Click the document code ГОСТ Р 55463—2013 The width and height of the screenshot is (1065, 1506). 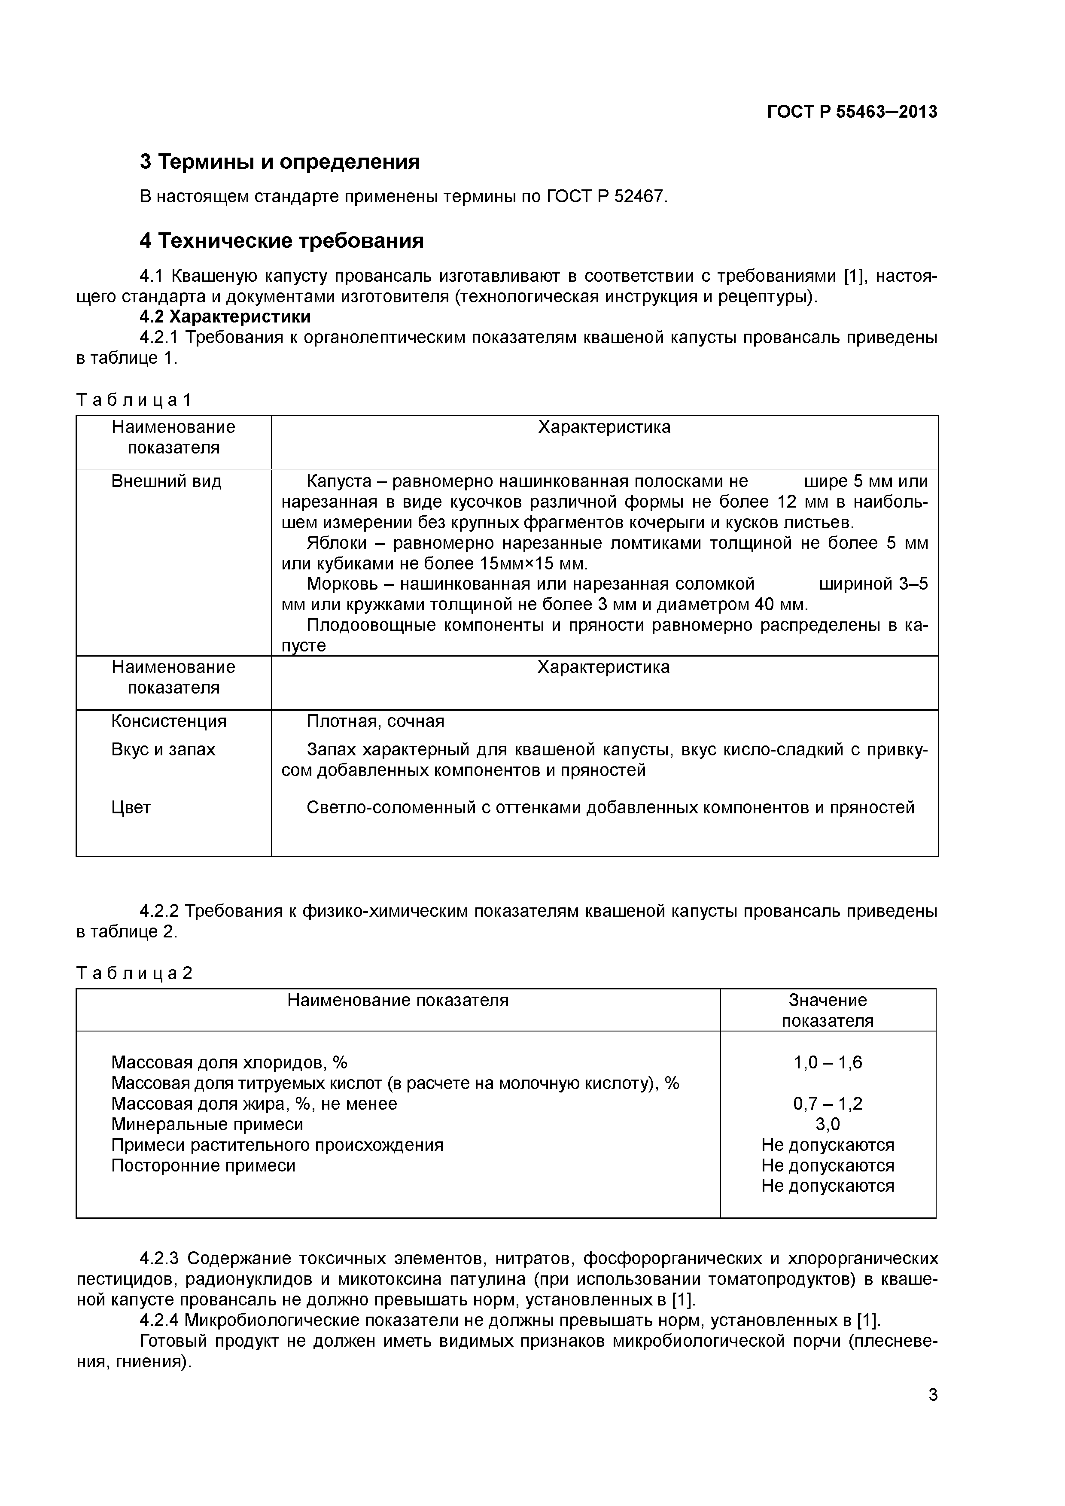click(852, 112)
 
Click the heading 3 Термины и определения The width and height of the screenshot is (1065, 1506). click(280, 161)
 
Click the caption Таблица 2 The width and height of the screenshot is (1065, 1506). click(134, 973)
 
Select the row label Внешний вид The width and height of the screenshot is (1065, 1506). click(167, 481)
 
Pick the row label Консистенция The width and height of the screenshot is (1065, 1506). click(168, 721)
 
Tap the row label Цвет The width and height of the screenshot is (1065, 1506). click(131, 807)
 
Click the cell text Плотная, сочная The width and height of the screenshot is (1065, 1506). click(375, 721)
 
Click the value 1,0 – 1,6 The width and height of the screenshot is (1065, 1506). click(827, 1063)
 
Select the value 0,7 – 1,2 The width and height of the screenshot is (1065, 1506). click(827, 1104)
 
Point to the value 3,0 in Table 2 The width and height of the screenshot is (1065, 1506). click(827, 1125)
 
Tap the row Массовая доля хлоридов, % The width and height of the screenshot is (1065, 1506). click(229, 1063)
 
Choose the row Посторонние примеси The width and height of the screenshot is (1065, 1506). click(203, 1165)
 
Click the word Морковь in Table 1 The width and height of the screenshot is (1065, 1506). click(338, 584)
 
